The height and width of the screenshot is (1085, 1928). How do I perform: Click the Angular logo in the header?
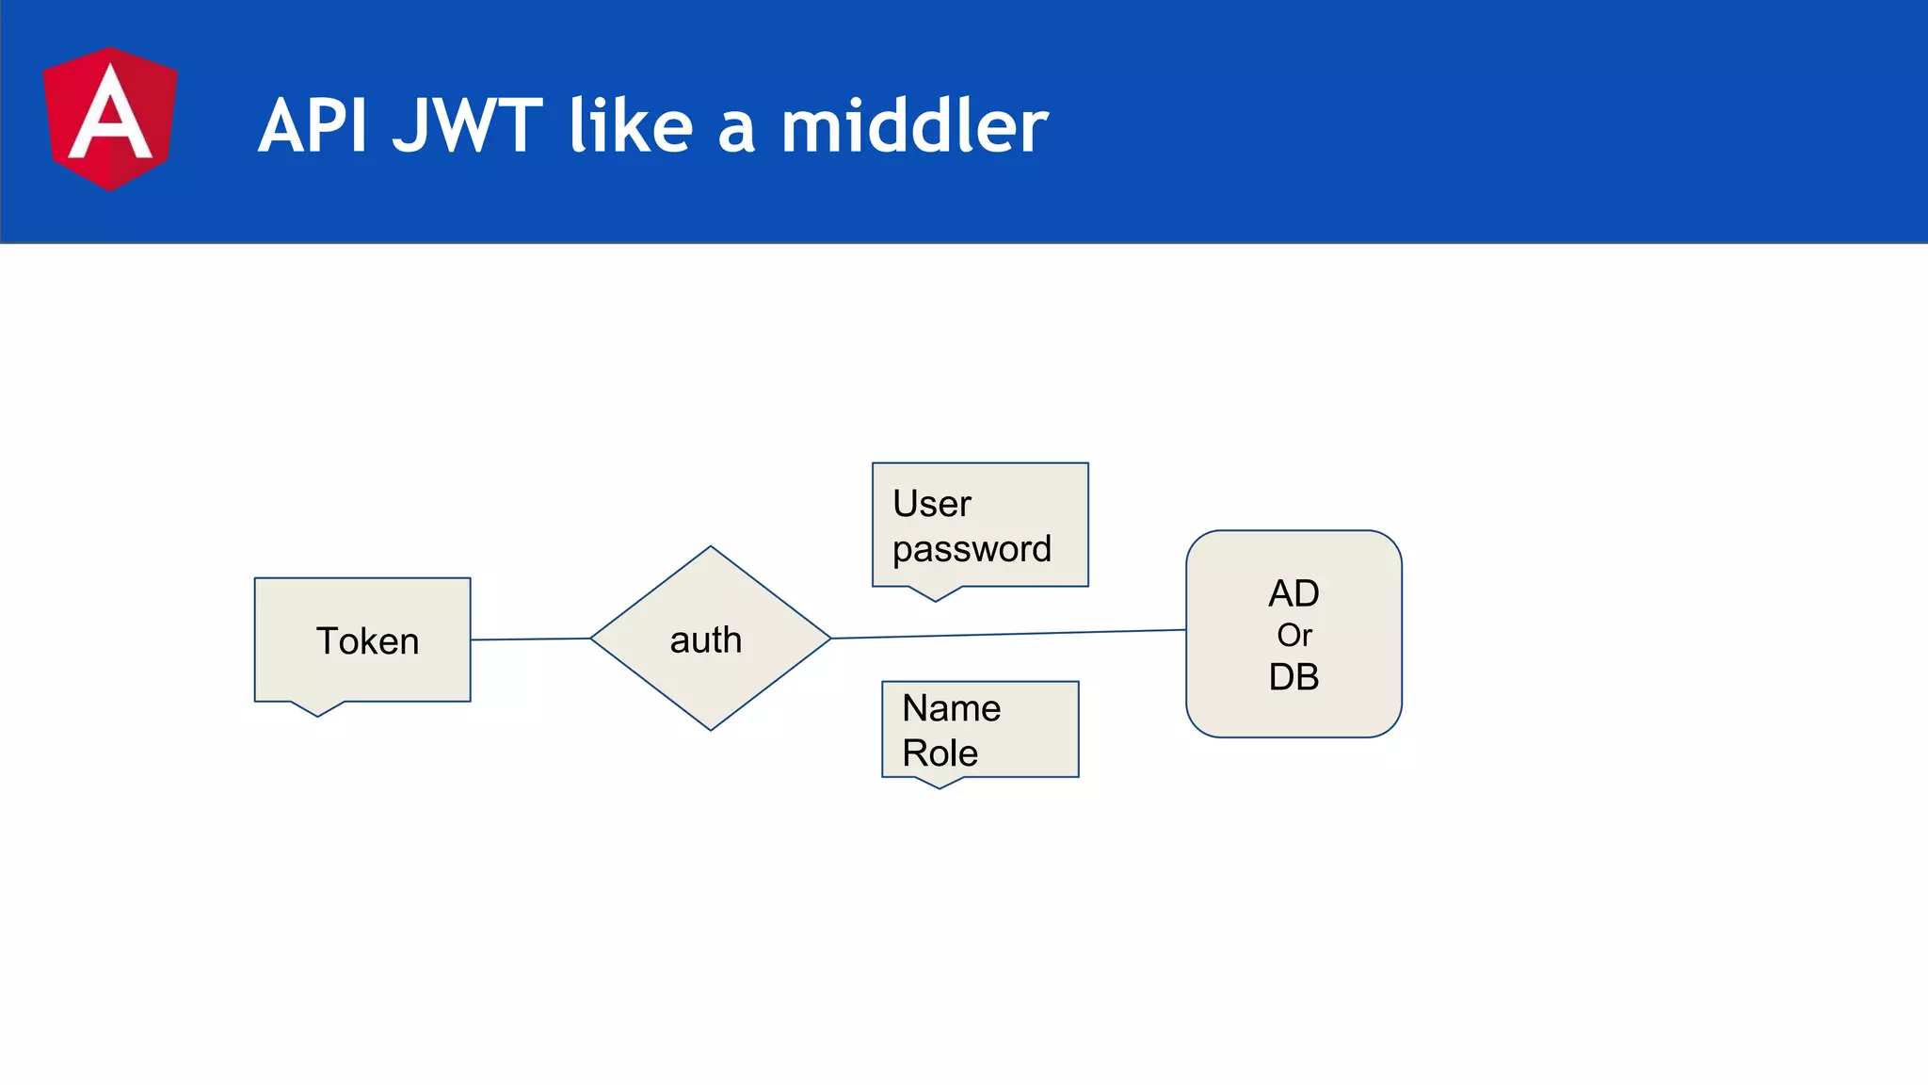tap(110, 120)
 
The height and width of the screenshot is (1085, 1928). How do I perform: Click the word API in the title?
tap(313, 126)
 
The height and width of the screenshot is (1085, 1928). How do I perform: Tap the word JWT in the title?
tap(468, 126)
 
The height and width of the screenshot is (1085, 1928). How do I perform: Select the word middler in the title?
tap(914, 126)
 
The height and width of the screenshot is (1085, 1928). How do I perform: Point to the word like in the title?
tap(631, 126)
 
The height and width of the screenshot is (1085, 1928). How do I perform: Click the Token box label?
tap(367, 641)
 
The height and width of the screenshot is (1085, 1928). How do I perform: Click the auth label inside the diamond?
tap(706, 640)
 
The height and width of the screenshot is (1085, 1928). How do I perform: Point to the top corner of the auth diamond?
tap(711, 549)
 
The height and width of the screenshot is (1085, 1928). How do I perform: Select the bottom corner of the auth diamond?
tap(711, 728)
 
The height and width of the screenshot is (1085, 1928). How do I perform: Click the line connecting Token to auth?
tap(530, 640)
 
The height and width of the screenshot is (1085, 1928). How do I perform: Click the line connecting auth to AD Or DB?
tap(1007, 634)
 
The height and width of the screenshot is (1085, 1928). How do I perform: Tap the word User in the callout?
tap(931, 504)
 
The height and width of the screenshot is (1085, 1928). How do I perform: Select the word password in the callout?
tap(972, 549)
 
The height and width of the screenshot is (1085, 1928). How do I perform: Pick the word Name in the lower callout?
tap(951, 708)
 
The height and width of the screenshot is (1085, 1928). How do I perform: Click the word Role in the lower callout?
tap(940, 753)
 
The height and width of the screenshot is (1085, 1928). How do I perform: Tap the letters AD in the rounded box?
tap(1293, 593)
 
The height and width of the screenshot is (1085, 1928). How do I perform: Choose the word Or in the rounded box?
tap(1293, 636)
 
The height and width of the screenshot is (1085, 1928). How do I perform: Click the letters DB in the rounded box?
tap(1293, 677)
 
